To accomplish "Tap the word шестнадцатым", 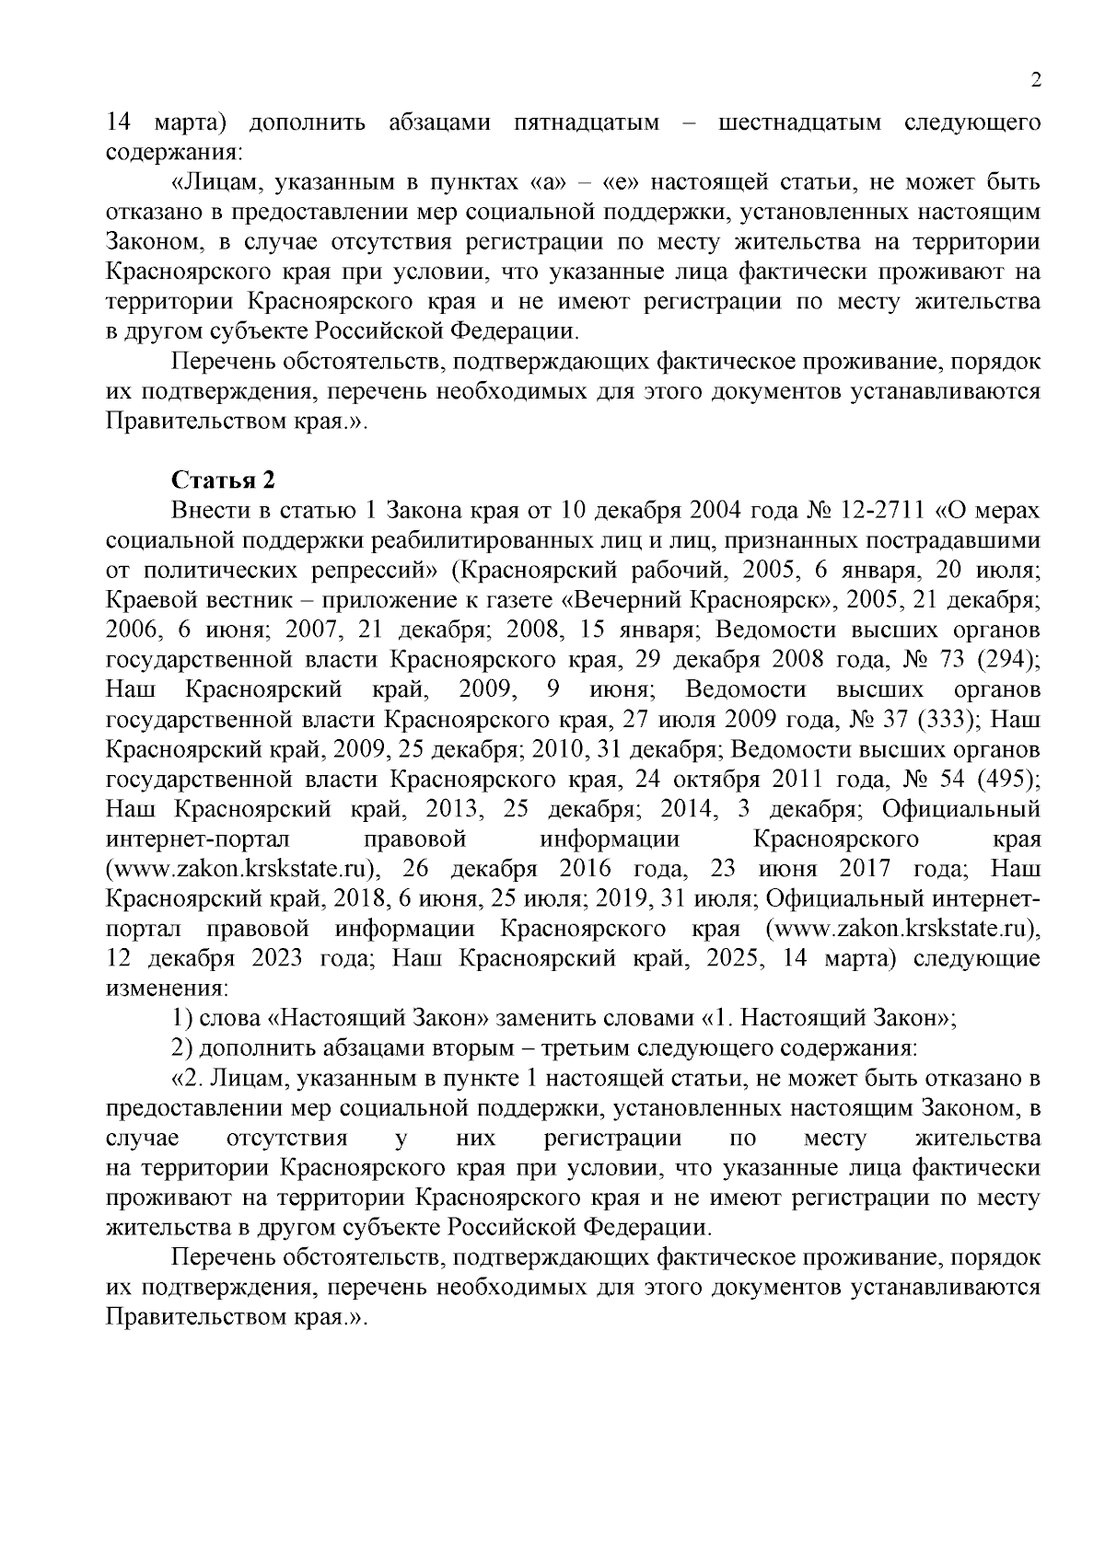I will click(x=797, y=122).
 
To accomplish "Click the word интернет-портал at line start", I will click(x=198, y=839).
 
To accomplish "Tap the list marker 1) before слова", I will click(x=181, y=1018).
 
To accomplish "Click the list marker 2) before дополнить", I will click(x=181, y=1048).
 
